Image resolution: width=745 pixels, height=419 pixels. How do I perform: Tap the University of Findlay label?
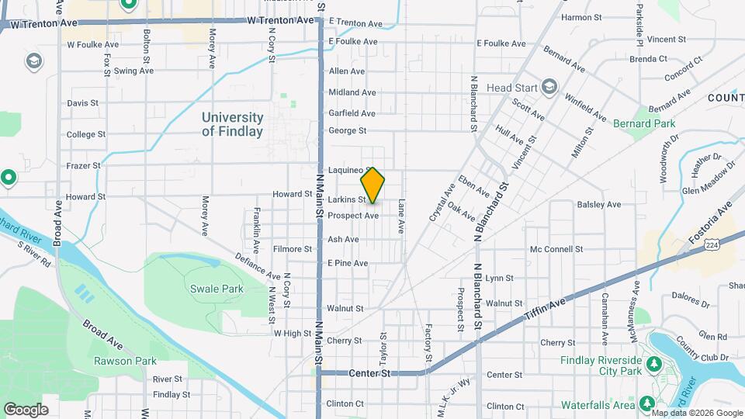click(x=232, y=124)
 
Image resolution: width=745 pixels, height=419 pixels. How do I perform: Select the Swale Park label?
click(x=217, y=289)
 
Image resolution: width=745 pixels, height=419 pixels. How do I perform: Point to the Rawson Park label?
click(x=125, y=361)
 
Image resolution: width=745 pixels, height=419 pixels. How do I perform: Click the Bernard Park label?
click(x=644, y=123)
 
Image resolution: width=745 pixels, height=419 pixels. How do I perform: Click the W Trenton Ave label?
click(x=44, y=23)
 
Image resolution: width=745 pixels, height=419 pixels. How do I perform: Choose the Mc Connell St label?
click(x=556, y=249)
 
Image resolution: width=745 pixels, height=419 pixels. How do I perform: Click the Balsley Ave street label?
click(x=599, y=205)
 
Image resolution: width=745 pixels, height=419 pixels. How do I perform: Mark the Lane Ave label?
click(x=402, y=216)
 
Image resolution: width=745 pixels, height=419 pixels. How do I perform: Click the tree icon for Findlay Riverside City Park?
click(x=653, y=363)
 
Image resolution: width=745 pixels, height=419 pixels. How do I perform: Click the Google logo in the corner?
click(x=26, y=409)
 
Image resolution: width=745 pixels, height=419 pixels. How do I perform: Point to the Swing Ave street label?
click(x=133, y=71)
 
